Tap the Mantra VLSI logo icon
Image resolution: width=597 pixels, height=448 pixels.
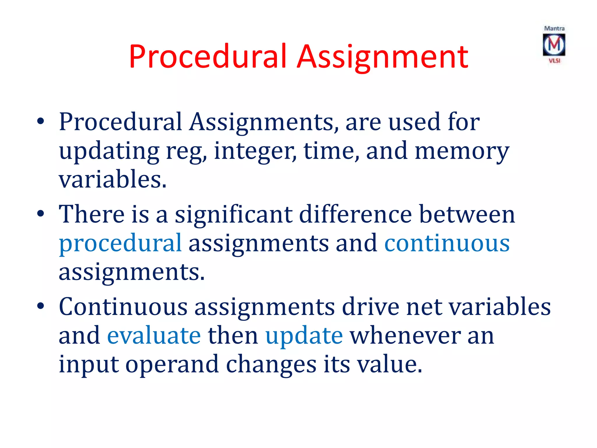click(554, 45)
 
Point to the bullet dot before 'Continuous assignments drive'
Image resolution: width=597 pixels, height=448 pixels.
click(41, 306)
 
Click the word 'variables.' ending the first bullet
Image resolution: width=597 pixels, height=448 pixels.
click(113, 179)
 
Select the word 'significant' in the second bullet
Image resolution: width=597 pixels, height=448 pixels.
click(233, 214)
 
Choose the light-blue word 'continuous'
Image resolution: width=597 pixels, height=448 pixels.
click(447, 243)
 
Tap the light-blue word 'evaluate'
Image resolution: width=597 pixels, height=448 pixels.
click(154, 335)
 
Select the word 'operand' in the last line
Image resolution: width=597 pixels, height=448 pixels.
click(172, 365)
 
